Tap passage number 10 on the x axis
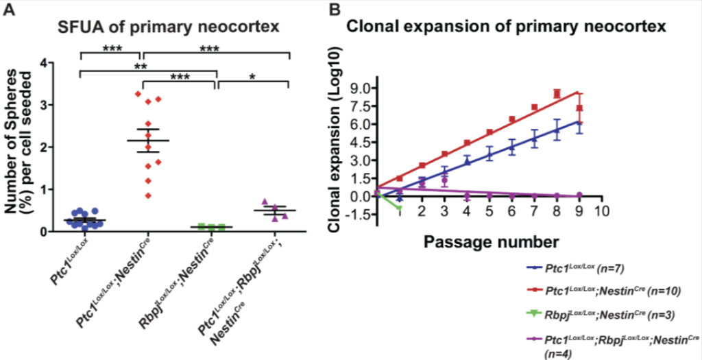603,212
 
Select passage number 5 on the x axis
489,212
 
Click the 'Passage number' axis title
491,242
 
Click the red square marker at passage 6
511,119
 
